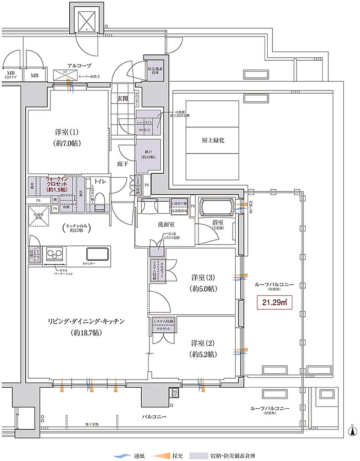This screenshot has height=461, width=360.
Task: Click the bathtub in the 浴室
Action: [x=216, y=208]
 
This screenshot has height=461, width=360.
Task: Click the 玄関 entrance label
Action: [x=122, y=98]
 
